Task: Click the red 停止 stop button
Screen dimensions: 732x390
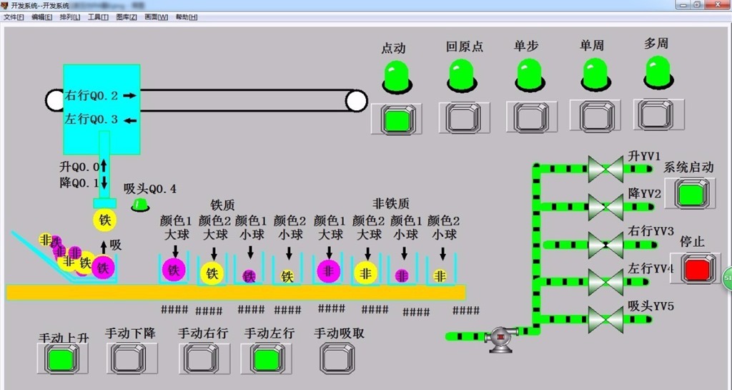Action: [x=698, y=268]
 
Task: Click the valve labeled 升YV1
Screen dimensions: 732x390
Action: [x=605, y=170]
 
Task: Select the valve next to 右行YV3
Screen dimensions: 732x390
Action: [x=605, y=244]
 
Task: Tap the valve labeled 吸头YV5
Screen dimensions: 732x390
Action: [x=605, y=318]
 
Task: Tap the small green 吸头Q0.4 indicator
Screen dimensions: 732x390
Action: [x=140, y=205]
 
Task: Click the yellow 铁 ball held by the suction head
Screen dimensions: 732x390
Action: [x=105, y=220]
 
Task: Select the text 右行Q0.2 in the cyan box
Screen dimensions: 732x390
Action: [x=91, y=95]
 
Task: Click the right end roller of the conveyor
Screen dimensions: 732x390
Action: [x=356, y=101]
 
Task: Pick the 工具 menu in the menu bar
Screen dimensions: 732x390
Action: [x=98, y=16]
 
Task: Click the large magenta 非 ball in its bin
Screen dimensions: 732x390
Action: [x=327, y=270]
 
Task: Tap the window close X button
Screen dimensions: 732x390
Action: [x=716, y=4]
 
